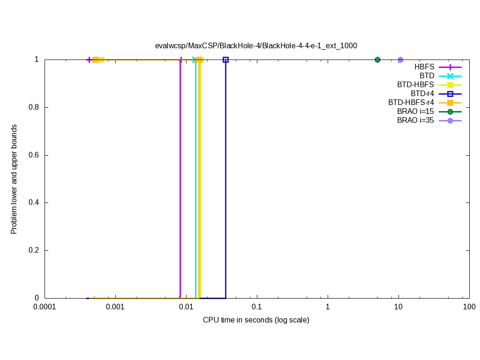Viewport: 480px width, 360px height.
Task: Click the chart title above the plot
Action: tap(256, 46)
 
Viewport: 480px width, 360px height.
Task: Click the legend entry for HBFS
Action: tap(424, 67)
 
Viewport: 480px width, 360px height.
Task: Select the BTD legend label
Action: tap(427, 76)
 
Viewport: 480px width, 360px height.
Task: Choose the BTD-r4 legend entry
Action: tap(422, 94)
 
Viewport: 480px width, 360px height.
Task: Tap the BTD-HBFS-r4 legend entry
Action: tap(411, 103)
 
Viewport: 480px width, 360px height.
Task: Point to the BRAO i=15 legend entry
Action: tap(415, 112)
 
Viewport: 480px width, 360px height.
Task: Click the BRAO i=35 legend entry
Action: tap(415, 120)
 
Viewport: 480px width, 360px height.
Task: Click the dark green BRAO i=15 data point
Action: tap(377, 60)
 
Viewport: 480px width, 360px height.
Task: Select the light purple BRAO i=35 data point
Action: tap(400, 60)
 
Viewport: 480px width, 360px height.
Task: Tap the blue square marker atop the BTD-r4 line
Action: tap(225, 60)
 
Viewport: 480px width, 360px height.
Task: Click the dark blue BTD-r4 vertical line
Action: tap(225, 178)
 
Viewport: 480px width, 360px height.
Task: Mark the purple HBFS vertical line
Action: tap(180, 178)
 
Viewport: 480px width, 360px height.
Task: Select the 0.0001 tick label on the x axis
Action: tap(45, 307)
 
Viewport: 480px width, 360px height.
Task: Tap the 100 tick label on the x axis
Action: tap(469, 307)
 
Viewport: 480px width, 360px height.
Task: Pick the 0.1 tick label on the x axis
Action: tap(257, 307)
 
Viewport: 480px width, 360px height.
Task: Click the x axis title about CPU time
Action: tap(256, 320)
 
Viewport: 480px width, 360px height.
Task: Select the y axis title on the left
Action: tap(14, 179)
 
